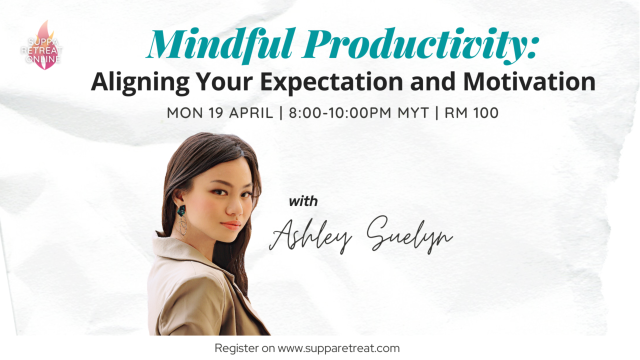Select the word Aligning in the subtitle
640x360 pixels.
click(x=140, y=83)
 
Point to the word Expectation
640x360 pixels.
click(x=331, y=83)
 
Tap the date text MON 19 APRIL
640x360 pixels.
click(x=220, y=113)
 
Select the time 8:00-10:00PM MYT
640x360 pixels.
click(x=359, y=113)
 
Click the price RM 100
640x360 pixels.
click(x=471, y=113)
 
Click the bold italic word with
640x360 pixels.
click(x=303, y=201)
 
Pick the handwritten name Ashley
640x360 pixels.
click(x=310, y=235)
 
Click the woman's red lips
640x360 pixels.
click(x=231, y=225)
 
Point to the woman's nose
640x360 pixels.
click(x=235, y=208)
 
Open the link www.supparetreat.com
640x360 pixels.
click(x=338, y=348)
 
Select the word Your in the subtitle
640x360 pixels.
click(x=224, y=82)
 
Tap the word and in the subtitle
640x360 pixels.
click(x=433, y=82)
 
